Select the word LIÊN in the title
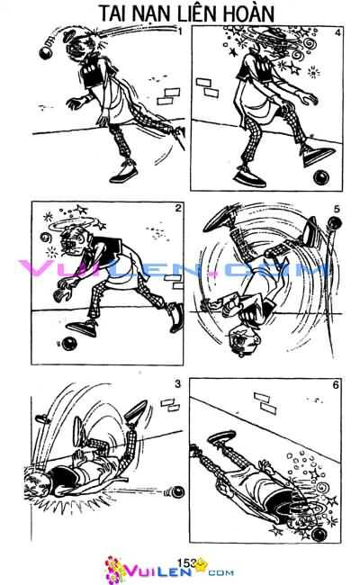coord(202,13)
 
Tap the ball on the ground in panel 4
coord(317,179)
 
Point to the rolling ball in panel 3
coord(176,490)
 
